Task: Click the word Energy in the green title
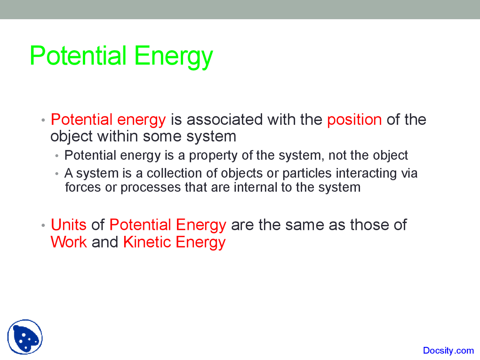pos(174,57)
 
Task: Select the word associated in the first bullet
pos(225,120)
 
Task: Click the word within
pos(117,136)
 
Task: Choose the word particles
pos(307,174)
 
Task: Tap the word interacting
pos(366,174)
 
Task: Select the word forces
pos(83,187)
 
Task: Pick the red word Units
pos(69,225)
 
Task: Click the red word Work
pos(69,242)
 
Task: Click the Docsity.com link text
pos(448,351)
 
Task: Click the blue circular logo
pos(25,337)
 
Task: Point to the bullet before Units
pos(43,225)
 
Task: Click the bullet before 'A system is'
pos(57,174)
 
